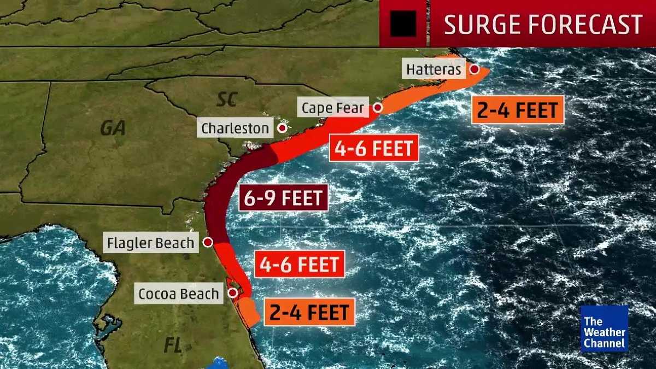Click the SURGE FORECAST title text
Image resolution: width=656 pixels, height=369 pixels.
pos(543,25)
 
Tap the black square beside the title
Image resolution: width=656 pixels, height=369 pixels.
pos(403,24)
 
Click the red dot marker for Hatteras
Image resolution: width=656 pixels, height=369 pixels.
pos(475,69)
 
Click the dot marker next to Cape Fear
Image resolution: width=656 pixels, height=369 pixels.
pos(377,108)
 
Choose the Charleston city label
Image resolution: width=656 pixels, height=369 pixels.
pos(235,128)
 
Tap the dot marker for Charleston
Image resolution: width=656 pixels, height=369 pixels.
pos(282,128)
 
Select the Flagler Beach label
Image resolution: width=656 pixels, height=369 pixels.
pos(151,243)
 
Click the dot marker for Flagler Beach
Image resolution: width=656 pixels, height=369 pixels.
pos(208,242)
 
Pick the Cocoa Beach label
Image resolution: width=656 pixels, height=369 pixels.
pos(178,294)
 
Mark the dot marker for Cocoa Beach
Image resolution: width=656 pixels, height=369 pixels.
pos(232,293)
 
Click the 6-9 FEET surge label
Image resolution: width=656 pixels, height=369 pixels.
pos(283,197)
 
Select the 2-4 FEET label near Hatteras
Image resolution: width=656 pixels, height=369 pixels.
pos(517,110)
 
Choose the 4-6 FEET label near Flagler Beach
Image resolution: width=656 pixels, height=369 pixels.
pos(300,265)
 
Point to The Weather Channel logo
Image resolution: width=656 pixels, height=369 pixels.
pos(604,329)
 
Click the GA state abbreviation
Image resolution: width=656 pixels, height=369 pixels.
pos(113,128)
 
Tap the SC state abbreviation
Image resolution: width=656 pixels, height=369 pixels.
pos(226,99)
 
